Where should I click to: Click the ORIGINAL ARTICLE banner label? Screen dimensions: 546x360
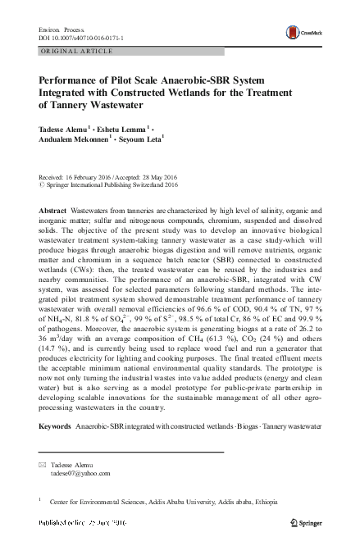(75, 51)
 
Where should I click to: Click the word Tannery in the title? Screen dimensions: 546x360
(75, 105)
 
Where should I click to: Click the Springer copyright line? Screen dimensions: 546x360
(112, 186)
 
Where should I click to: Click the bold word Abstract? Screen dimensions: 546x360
(52, 211)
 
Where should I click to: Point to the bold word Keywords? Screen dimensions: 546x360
(56, 427)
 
